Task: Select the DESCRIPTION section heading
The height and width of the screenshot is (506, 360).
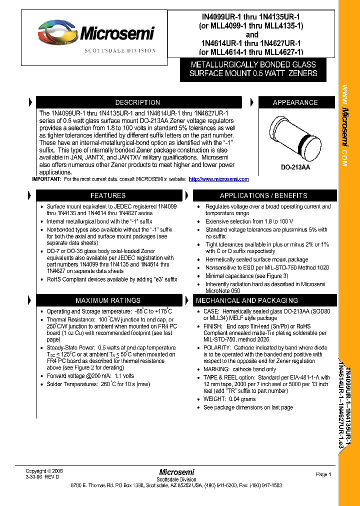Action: [x=137, y=102]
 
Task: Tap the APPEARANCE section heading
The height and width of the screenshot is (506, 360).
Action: [x=295, y=102]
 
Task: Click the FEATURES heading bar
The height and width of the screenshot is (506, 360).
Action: [x=107, y=195]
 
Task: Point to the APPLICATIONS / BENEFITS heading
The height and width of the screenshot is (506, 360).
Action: [x=263, y=195]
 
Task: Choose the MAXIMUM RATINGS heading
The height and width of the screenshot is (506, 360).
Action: [x=107, y=300]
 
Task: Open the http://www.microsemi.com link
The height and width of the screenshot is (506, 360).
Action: [x=219, y=179]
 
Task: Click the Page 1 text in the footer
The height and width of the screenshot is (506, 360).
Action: [x=323, y=474]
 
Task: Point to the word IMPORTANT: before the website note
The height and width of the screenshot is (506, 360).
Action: [x=47, y=179]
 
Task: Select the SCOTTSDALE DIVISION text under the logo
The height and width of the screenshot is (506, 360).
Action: [x=120, y=50]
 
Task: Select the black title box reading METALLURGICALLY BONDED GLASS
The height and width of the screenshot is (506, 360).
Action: [x=253, y=69]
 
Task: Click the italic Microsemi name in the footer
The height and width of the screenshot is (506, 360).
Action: [x=176, y=472]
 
